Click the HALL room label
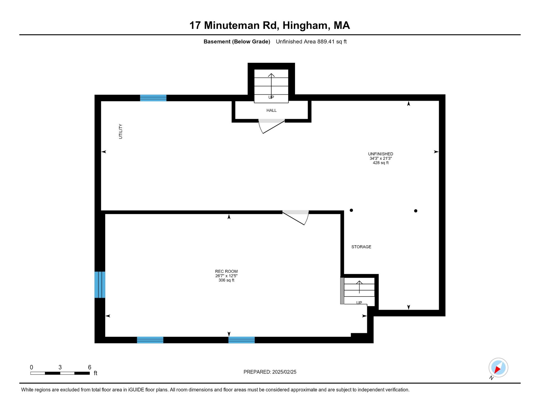pos(271,110)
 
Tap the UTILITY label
pos(120,131)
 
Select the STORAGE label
pos(361,247)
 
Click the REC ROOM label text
pos(226,271)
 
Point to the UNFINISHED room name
pos(381,154)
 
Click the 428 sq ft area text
pos(381,163)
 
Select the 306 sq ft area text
pos(226,280)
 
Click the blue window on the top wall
pos(153,98)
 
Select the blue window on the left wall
pos(100,285)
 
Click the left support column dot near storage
pos(351,210)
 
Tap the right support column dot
pos(416,211)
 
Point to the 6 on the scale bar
pos(89,367)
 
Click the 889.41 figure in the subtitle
pos(326,42)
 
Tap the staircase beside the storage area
pos(359,291)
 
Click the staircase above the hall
pos(271,86)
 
